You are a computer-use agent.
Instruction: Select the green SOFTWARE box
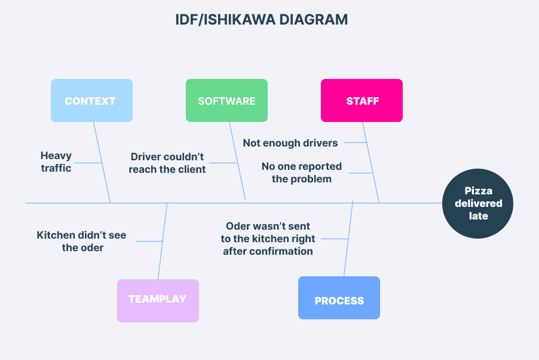click(226, 101)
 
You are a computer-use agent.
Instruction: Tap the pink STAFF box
click(362, 101)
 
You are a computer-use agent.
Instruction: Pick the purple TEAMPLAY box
click(158, 300)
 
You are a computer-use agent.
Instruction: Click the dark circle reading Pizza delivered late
click(478, 203)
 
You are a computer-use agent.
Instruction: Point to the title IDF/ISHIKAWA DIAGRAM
click(261, 20)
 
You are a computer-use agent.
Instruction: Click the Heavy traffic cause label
click(56, 161)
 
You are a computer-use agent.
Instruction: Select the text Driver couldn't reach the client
click(168, 163)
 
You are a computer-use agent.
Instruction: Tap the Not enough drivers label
click(290, 143)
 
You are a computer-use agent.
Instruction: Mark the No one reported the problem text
click(302, 172)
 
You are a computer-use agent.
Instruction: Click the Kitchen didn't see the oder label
click(82, 241)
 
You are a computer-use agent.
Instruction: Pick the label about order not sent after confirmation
click(268, 239)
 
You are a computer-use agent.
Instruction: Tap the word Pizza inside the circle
click(479, 191)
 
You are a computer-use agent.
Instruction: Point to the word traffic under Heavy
click(56, 168)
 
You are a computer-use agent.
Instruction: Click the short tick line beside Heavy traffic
click(88, 163)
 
